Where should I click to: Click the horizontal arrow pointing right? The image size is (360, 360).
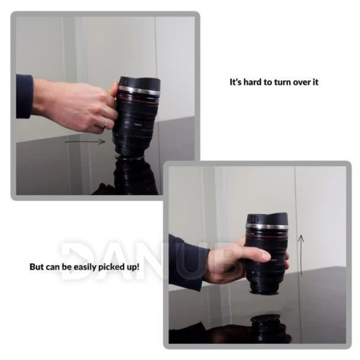[x=85, y=142]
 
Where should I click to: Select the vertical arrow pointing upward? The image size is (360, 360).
[x=301, y=255]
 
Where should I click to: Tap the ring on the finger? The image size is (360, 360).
[x=105, y=122]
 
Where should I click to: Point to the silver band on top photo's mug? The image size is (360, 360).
[x=139, y=91]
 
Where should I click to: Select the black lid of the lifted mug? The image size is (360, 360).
[x=267, y=218]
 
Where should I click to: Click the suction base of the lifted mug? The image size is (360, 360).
[x=264, y=292]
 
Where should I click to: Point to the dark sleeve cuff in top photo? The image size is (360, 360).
[x=24, y=96]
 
